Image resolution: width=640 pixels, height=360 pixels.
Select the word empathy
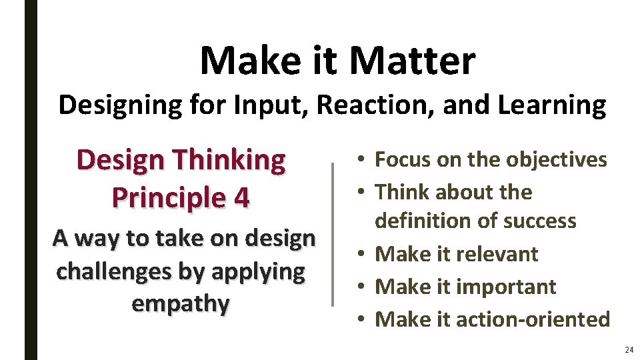(181, 303)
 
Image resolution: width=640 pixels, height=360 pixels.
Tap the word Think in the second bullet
(400, 192)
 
